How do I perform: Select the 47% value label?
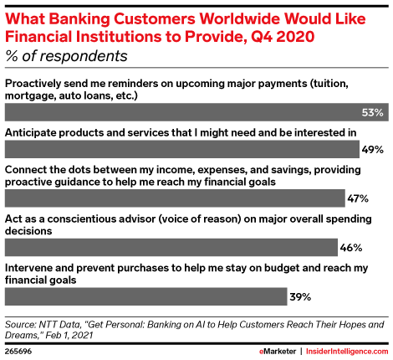(x=358, y=198)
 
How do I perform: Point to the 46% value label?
(x=351, y=248)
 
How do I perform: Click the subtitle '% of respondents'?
(x=68, y=57)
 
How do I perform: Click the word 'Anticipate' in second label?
(x=34, y=132)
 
